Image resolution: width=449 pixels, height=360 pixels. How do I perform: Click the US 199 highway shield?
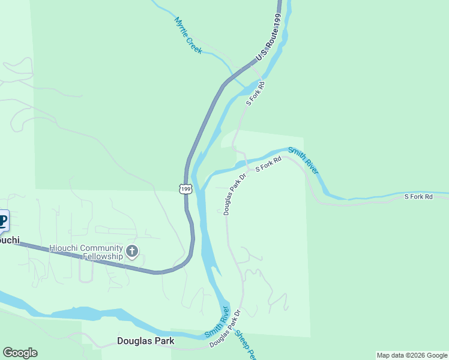[x=185, y=189]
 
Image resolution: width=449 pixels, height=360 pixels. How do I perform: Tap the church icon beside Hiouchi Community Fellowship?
[x=132, y=251]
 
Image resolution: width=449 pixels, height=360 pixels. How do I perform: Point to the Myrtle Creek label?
[x=188, y=35]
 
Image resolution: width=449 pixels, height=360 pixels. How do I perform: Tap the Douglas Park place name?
[x=146, y=341]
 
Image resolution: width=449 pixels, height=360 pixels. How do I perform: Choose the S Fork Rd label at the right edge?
[x=418, y=196]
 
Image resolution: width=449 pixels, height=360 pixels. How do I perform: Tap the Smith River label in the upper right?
[x=304, y=160]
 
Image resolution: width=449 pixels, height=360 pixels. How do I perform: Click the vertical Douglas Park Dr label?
[x=235, y=194]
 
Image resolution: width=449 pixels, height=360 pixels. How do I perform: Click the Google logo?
[x=20, y=353]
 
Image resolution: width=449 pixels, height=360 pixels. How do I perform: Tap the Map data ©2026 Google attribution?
[x=412, y=355]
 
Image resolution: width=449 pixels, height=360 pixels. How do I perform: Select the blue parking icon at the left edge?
[x=3, y=221]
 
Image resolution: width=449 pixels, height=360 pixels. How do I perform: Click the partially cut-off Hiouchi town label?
[x=9, y=240]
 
